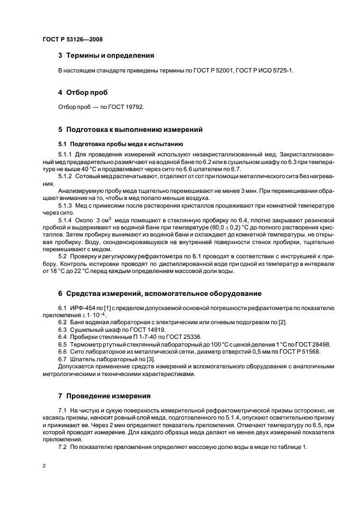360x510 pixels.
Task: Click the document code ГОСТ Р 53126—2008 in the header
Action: (x=72, y=39)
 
